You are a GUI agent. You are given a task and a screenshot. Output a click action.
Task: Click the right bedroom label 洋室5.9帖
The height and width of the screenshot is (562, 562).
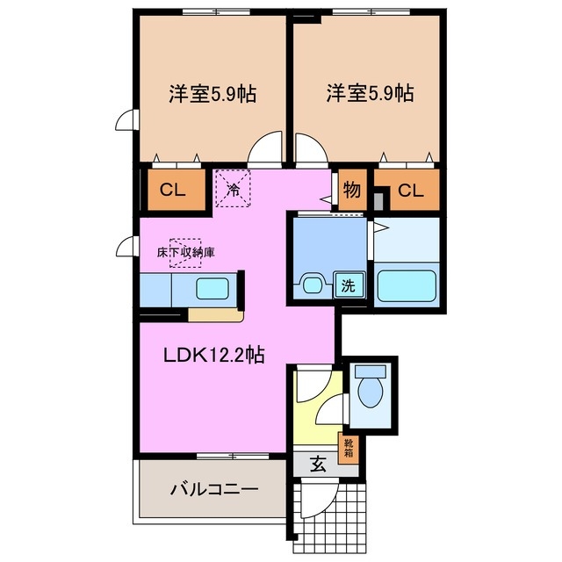(369, 92)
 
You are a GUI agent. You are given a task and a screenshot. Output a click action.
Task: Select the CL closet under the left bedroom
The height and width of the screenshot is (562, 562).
(171, 189)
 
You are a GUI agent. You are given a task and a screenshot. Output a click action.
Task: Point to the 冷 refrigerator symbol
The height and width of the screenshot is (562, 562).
(234, 189)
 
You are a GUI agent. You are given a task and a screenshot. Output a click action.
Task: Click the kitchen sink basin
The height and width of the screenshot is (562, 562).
(211, 289)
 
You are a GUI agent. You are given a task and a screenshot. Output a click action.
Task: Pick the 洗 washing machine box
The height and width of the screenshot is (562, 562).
(349, 285)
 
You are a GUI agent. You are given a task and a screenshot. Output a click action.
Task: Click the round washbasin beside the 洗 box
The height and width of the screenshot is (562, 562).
(312, 284)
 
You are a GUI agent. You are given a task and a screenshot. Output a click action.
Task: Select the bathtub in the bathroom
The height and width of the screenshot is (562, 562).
(407, 285)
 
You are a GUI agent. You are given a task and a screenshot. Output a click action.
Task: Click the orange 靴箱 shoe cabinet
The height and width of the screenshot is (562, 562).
(349, 448)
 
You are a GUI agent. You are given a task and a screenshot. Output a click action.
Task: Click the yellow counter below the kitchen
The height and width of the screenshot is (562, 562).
(214, 314)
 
